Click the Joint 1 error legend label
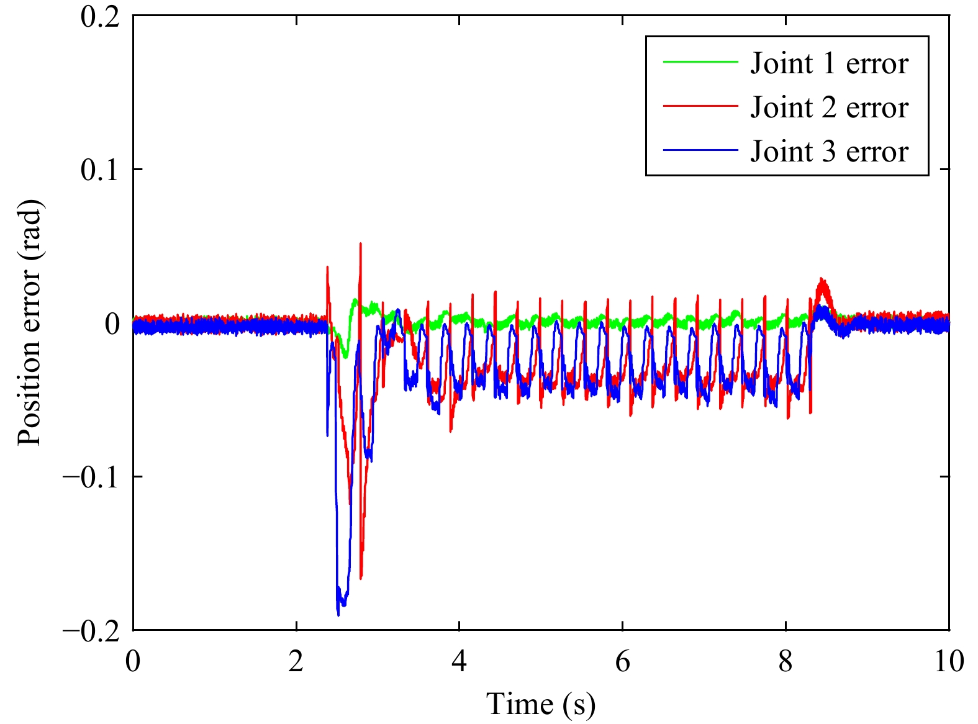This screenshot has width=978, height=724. [829, 63]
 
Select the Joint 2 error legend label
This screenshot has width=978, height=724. [829, 107]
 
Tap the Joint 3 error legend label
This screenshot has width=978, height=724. [829, 152]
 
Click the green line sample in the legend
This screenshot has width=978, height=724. [700, 62]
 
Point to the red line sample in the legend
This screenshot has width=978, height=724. [700, 106]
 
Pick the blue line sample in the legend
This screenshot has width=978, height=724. [700, 150]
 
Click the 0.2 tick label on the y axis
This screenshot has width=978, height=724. [99, 16]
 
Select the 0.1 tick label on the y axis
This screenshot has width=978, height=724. [99, 170]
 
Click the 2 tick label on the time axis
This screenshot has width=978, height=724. [296, 662]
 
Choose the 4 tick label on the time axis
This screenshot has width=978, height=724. [459, 662]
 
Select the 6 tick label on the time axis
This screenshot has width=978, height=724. [622, 662]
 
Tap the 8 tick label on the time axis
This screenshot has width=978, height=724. [786, 662]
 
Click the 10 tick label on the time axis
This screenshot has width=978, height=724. [948, 662]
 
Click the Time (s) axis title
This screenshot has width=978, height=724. [541, 705]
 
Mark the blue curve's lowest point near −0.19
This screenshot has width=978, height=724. [338, 615]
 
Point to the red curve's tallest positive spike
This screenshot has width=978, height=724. [360, 244]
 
